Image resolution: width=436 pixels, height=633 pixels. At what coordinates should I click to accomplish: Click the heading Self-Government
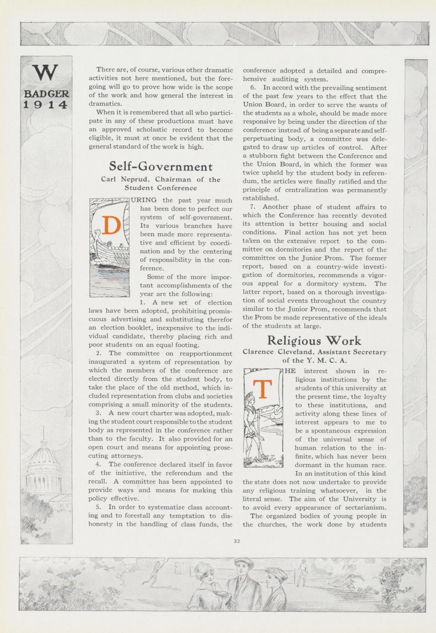point(161,166)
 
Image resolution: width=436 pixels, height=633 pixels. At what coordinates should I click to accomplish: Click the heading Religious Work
point(314,340)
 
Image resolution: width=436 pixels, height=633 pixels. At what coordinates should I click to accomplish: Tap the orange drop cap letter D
point(111,225)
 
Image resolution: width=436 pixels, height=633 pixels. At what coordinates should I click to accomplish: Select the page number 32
point(237,541)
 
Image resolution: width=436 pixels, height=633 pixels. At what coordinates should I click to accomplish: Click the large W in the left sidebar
point(46,73)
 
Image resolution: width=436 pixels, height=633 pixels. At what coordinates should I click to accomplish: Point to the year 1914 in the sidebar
point(46,105)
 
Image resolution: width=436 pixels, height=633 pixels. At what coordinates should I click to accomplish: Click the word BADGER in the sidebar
point(46,94)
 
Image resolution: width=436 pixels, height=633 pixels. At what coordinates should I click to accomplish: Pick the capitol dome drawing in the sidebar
point(44,468)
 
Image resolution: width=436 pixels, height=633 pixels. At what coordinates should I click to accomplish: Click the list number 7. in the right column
point(253,207)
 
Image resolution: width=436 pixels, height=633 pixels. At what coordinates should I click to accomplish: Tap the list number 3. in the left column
point(98,413)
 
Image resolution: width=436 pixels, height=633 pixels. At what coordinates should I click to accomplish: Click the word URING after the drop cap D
point(144,200)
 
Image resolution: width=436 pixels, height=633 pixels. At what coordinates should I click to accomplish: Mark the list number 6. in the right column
point(253,88)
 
